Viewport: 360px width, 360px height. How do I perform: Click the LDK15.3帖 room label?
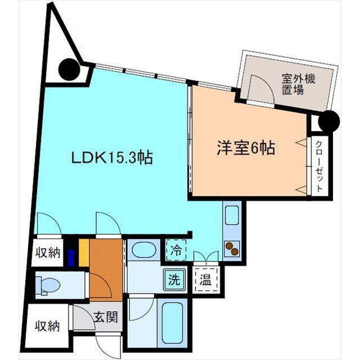click(x=112, y=157)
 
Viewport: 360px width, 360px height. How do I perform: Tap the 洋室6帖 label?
click(x=246, y=148)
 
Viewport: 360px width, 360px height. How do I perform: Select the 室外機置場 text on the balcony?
click(x=299, y=84)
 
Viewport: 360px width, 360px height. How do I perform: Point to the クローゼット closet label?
click(x=319, y=166)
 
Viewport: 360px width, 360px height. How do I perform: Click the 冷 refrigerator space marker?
click(x=176, y=250)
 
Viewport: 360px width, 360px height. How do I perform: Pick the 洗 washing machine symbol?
click(x=174, y=280)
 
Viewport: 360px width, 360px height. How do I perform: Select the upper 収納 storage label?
click(x=48, y=253)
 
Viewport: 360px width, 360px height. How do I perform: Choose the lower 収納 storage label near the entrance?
click(x=47, y=326)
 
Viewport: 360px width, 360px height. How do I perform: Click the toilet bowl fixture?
click(x=48, y=285)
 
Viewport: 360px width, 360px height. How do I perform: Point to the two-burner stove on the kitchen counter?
click(x=232, y=249)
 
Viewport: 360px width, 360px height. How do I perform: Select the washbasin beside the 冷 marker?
click(x=144, y=250)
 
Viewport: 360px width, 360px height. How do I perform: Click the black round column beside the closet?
click(x=329, y=121)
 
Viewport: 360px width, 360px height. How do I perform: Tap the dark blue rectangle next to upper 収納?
click(x=71, y=258)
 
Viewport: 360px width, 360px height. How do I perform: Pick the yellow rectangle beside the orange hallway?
click(x=84, y=253)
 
